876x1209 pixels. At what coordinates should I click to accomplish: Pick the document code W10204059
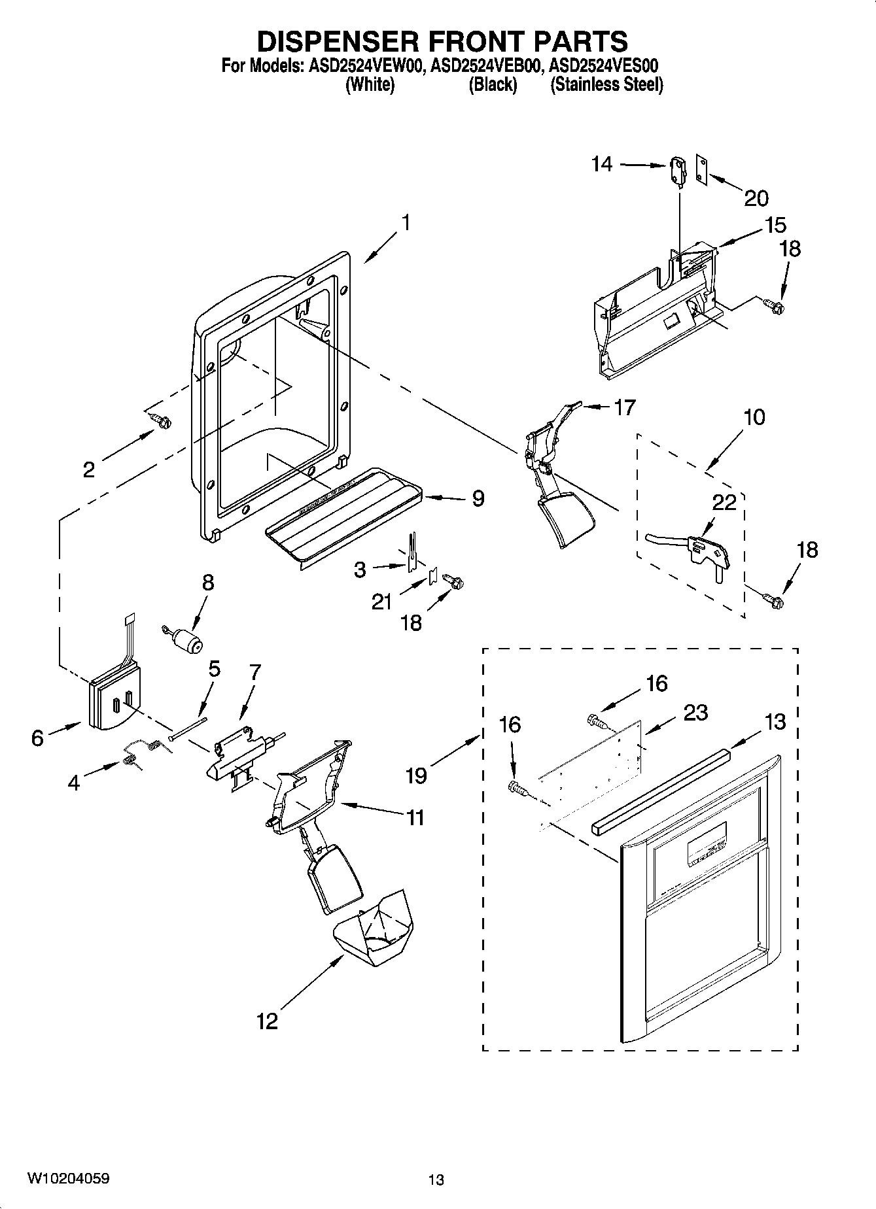pos(68,1179)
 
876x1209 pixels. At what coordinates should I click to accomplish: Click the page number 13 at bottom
pos(436,1180)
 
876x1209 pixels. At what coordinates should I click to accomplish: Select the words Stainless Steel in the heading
pos(606,85)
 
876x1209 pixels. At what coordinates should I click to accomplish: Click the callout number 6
pos(37,738)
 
